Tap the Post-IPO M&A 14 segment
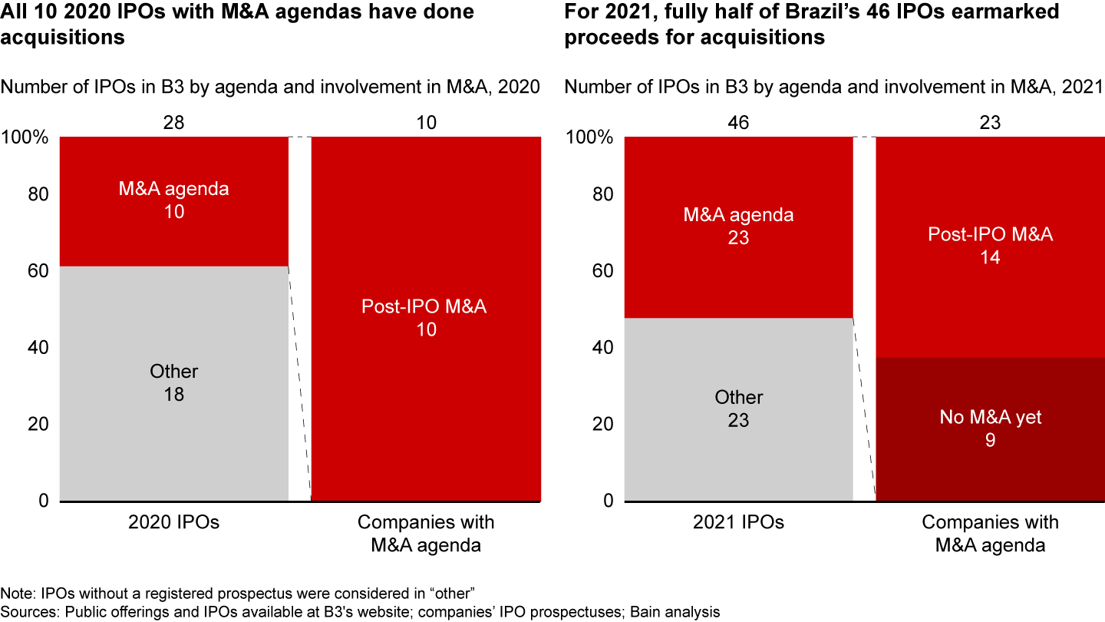pyautogui.click(x=990, y=246)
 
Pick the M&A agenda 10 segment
pyautogui.click(x=174, y=200)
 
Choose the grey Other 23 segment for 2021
pyautogui.click(x=739, y=409)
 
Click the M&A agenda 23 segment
pyautogui.click(x=739, y=227)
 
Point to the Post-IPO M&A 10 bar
pyautogui.click(x=425, y=318)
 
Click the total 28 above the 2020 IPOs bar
pyautogui.click(x=174, y=122)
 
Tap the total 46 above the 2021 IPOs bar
pyautogui.click(x=739, y=122)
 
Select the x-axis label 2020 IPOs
pyautogui.click(x=174, y=523)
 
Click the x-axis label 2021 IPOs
pyautogui.click(x=739, y=523)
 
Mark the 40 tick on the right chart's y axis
pyautogui.click(x=603, y=348)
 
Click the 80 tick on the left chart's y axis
pyautogui.click(x=38, y=194)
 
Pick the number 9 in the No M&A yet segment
pyautogui.click(x=990, y=441)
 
